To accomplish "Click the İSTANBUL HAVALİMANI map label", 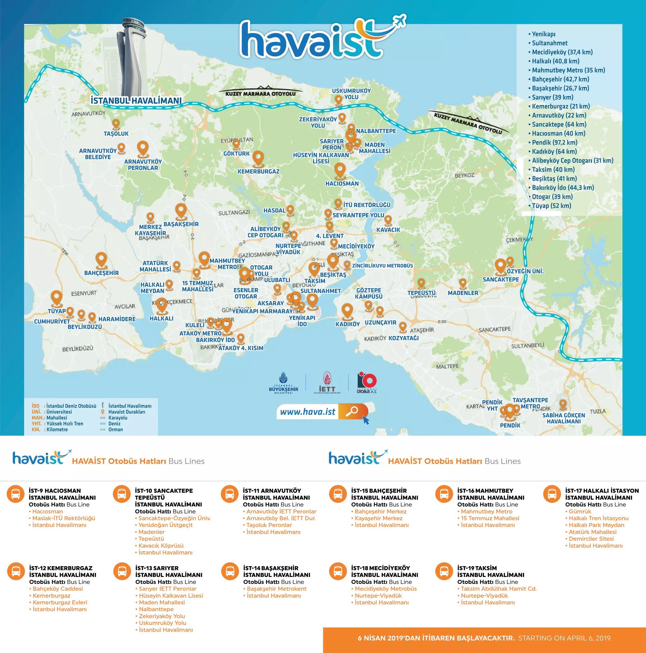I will click(x=136, y=101).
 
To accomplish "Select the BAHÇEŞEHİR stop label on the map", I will click(x=101, y=273).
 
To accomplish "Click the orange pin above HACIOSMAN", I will click(x=340, y=170).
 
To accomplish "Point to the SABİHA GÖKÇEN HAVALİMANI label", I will click(x=564, y=418).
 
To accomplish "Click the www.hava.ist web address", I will click(x=308, y=412).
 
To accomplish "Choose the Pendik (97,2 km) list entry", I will click(x=555, y=143).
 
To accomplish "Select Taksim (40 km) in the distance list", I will click(x=553, y=170).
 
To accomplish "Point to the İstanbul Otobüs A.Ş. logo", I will click(x=367, y=383).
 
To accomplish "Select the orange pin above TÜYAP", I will click(x=56, y=298).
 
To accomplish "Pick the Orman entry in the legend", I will click(x=115, y=429).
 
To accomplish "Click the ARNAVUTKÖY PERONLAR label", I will click(x=143, y=165).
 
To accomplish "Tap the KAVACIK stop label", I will click(x=388, y=230).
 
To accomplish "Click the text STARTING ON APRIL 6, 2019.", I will click(x=565, y=638).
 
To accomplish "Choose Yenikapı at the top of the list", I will click(x=543, y=34).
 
